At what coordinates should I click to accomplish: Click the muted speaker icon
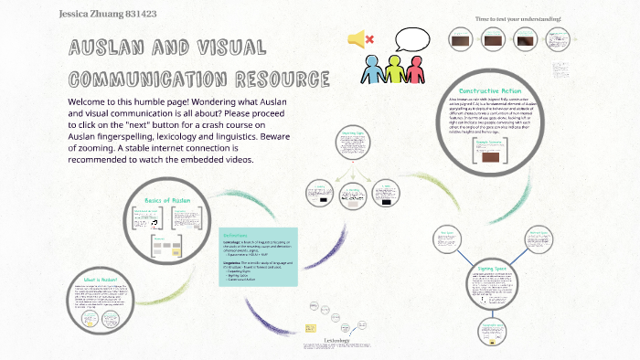[x=356, y=39]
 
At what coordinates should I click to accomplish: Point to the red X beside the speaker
[x=369, y=39]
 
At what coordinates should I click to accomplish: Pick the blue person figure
[x=374, y=70]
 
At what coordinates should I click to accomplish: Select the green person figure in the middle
[x=394, y=69]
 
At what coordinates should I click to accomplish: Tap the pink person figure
[x=415, y=70]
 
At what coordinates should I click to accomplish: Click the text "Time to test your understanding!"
[x=517, y=18]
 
